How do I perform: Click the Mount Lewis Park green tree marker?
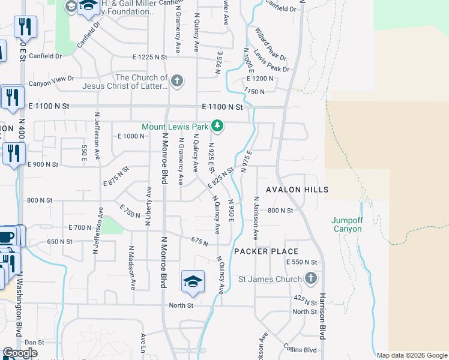[x=218, y=126]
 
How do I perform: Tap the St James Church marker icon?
[x=310, y=278]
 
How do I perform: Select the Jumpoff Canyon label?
[x=347, y=224]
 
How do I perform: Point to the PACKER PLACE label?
[x=266, y=251]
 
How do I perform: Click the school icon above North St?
[x=193, y=281]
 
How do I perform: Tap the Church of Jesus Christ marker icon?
[x=176, y=81]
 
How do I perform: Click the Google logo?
[x=20, y=353]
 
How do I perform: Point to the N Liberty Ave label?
[x=148, y=206]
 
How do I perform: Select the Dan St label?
[x=35, y=341]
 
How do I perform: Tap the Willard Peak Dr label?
[x=270, y=44]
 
